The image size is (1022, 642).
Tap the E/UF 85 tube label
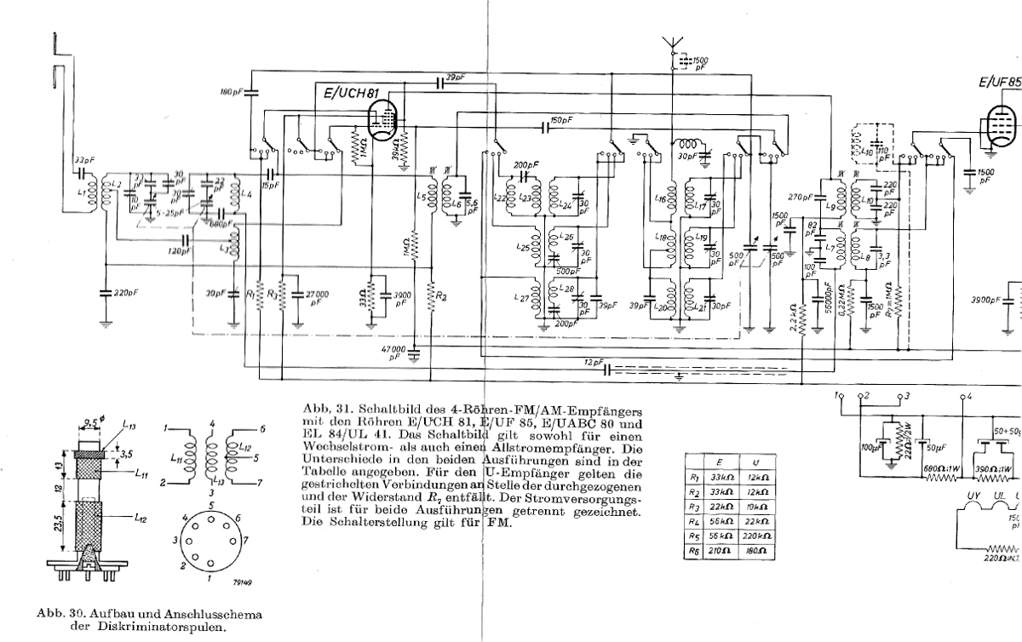[1000, 83]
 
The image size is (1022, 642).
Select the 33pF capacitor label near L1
[84, 159]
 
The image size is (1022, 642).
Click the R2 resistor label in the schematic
[443, 296]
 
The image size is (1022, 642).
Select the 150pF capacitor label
[561, 120]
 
